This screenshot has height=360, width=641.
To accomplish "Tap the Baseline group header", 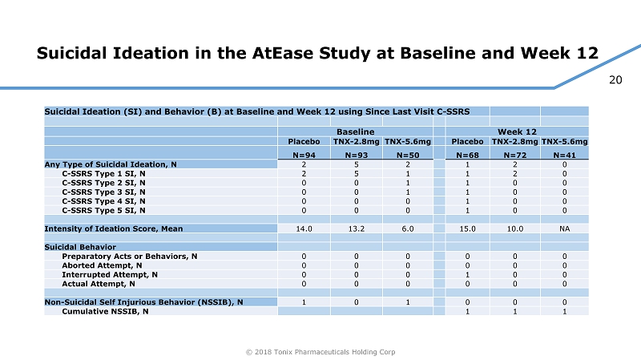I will point(355,131).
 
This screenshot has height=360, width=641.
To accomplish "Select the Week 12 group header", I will point(517,131).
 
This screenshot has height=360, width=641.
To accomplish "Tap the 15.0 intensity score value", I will point(467,229).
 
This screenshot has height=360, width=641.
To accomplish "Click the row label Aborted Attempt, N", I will point(102,265).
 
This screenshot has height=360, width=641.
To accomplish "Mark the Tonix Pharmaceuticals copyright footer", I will point(320,351).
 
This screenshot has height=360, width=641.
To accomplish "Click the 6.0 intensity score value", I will point(407,229).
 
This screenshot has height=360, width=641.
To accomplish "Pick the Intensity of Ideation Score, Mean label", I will point(114,229).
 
